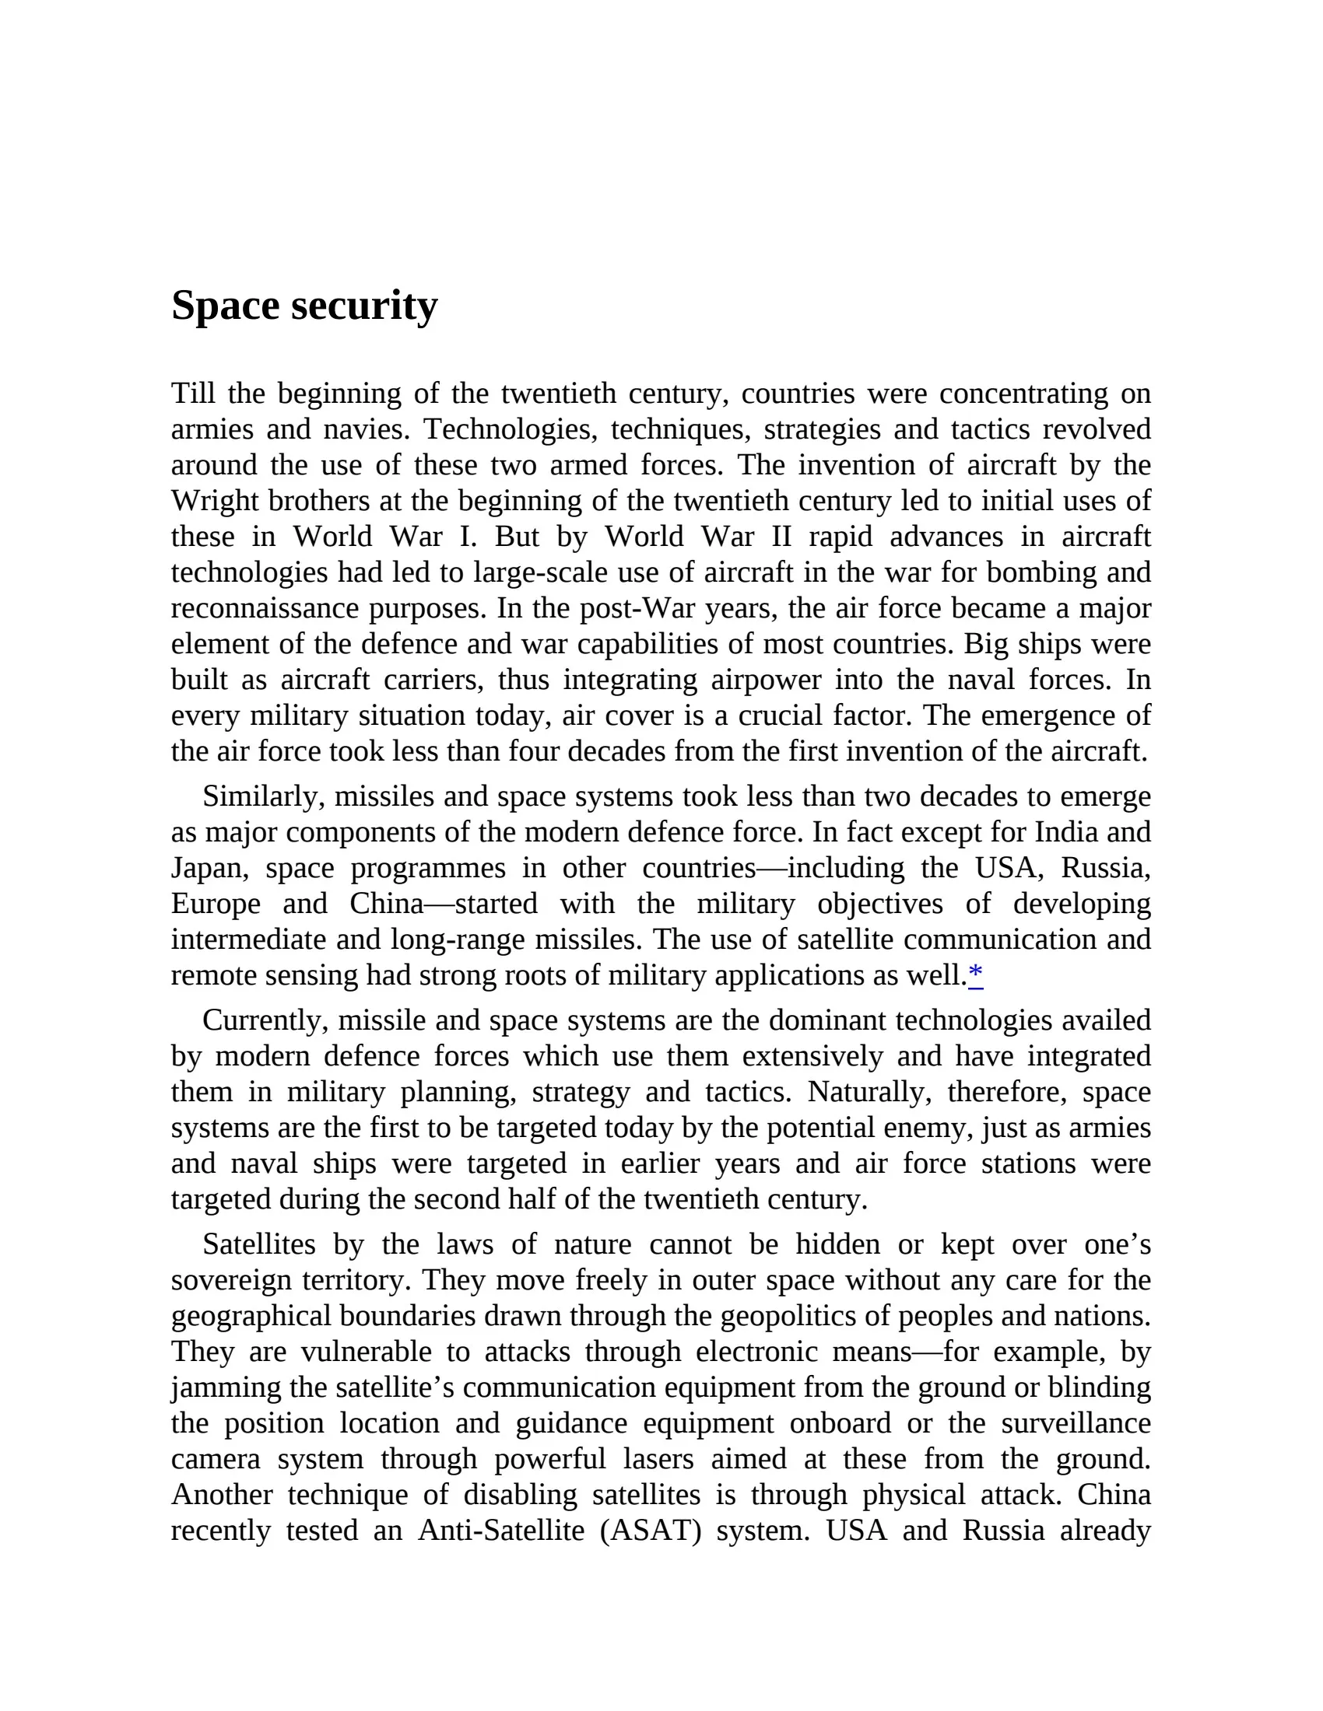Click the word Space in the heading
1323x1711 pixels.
pyautogui.click(x=225, y=306)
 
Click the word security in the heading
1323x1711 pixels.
pyautogui.click(x=363, y=306)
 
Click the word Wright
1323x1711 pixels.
pyautogui.click(x=215, y=502)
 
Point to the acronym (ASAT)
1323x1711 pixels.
pyautogui.click(x=651, y=1530)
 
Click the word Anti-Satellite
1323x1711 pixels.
pyautogui.click(x=501, y=1530)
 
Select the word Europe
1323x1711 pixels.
pyautogui.click(x=216, y=904)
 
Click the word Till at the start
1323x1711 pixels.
pyautogui.click(x=192, y=394)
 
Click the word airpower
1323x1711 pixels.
pyautogui.click(x=766, y=680)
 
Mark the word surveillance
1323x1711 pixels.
pyautogui.click(x=1076, y=1422)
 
